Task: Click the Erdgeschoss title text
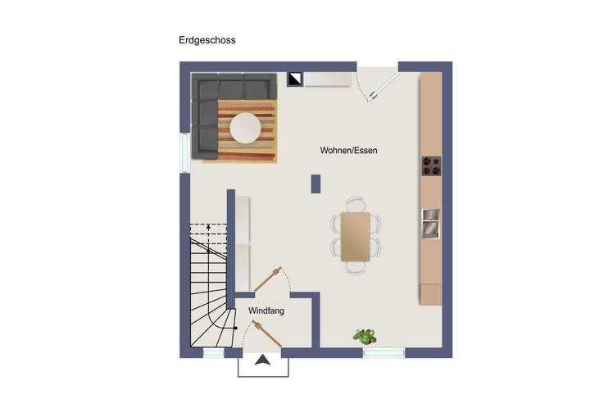coord(207,39)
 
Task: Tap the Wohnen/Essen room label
coord(348,152)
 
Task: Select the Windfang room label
coord(266,311)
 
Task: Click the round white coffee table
coord(247,128)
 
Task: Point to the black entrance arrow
coord(263,360)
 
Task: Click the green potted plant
coord(365,336)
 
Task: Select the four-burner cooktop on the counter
coord(432,166)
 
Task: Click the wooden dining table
coord(356,237)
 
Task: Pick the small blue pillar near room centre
coord(315,184)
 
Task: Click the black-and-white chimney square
coord(295,79)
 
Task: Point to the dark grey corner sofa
coord(209,107)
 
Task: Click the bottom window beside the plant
coord(383,353)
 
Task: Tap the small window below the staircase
coord(213,353)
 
